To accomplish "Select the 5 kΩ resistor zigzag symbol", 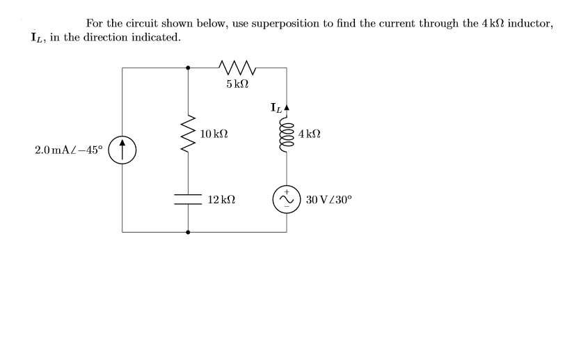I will (237, 68).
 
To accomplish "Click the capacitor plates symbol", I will (189, 198).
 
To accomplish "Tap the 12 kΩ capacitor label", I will (221, 199).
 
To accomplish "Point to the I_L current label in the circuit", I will (276, 108).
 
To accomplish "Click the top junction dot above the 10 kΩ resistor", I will (189, 68).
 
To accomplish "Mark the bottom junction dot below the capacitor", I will (189, 232).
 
